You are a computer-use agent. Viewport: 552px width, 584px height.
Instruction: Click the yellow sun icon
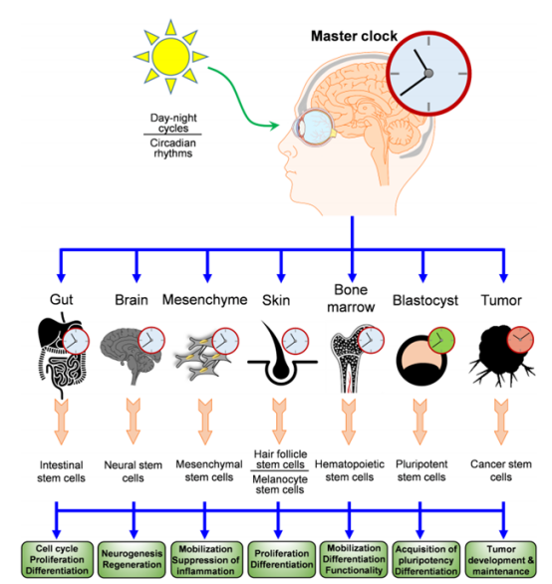click(x=170, y=57)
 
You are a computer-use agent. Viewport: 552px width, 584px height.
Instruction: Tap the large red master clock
click(x=428, y=74)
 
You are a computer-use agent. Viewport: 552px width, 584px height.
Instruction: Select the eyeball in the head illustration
click(x=314, y=128)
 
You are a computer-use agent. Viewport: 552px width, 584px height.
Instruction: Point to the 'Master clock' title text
click(x=355, y=36)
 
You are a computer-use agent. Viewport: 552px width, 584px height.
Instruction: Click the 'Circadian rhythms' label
click(x=172, y=148)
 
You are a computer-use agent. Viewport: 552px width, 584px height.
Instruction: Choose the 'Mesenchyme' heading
click(x=204, y=299)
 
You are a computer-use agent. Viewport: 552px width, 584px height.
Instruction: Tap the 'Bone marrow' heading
click(x=351, y=298)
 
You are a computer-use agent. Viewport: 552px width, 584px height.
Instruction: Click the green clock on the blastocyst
click(x=441, y=340)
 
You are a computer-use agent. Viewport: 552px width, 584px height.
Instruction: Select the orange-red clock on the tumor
click(x=520, y=340)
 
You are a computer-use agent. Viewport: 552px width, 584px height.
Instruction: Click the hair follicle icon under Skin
click(x=282, y=355)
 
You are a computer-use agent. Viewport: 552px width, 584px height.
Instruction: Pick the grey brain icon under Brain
click(x=132, y=356)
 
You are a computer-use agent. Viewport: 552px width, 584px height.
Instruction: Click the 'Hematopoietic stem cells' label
click(x=350, y=470)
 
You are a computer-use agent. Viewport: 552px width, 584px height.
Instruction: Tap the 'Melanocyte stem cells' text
click(x=280, y=484)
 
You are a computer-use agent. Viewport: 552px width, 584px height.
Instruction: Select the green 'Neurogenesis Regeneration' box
click(x=132, y=559)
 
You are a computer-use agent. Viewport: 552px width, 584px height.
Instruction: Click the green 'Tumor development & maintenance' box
click(x=500, y=559)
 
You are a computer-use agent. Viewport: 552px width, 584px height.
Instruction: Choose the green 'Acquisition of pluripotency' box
click(x=426, y=559)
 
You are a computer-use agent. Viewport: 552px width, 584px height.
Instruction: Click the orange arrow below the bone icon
click(x=349, y=422)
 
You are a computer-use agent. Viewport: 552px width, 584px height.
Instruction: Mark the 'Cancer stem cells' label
click(x=500, y=470)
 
